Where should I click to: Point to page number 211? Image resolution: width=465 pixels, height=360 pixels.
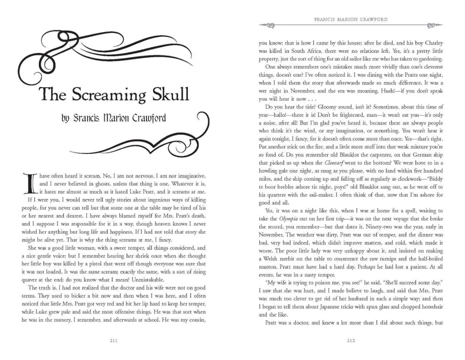[115, 340]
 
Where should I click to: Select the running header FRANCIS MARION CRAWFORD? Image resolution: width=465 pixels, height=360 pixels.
[350, 20]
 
